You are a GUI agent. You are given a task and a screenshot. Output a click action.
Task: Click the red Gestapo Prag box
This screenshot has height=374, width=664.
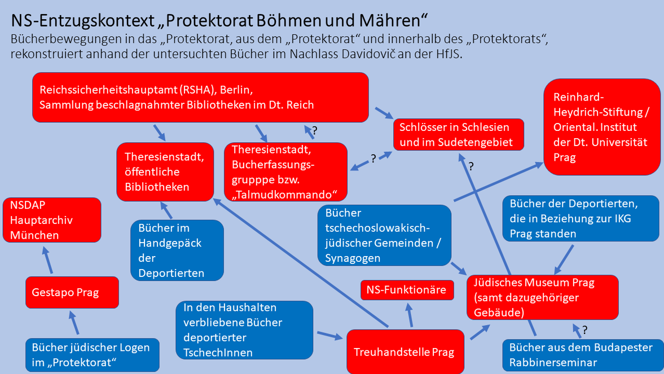72,292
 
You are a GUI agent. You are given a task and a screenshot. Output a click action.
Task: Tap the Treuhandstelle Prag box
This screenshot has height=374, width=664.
403,352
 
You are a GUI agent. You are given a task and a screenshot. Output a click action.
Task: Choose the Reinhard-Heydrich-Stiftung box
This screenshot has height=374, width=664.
601,127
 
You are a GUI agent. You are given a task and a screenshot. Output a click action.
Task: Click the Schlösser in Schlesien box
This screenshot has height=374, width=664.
458,134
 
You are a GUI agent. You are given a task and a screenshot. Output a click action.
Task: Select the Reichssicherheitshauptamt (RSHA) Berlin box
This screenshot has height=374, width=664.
200,97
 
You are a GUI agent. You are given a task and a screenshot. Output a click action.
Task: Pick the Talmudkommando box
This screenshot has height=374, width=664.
285,171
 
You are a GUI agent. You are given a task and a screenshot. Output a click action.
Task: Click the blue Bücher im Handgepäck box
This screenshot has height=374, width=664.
177,250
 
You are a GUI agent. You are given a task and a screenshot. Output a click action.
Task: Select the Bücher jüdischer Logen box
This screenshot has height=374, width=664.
91,354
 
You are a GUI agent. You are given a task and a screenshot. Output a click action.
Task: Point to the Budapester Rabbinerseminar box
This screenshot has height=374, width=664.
581,354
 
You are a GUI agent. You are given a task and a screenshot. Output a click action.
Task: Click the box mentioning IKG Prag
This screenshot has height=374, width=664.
581,218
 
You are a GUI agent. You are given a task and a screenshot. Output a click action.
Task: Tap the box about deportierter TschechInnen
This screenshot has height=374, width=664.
244,330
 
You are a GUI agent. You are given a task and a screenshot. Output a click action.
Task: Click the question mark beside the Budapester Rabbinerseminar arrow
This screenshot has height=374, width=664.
585,329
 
